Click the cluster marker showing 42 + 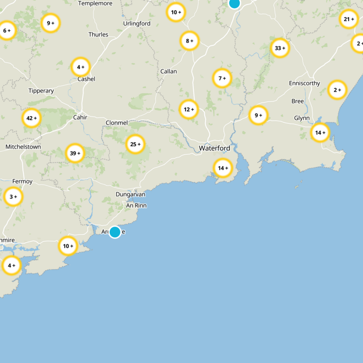click(x=32, y=118)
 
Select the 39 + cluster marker click(x=75, y=153)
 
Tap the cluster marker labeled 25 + click(x=135, y=144)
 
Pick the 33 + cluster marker click(x=280, y=48)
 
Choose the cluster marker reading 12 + click(x=189, y=109)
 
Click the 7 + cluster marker click(x=222, y=78)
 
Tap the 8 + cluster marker click(x=190, y=41)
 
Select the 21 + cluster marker click(x=349, y=19)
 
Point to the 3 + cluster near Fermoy click(x=13, y=197)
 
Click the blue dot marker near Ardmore click(x=115, y=232)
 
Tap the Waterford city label click(x=214, y=148)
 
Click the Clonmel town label click(x=117, y=123)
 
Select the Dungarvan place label click(x=130, y=194)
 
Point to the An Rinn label click(x=136, y=206)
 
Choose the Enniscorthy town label click(x=304, y=83)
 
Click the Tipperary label click(x=41, y=91)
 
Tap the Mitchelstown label click(x=23, y=147)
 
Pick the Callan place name click(x=168, y=72)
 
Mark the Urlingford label click(x=137, y=24)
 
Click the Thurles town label click(x=98, y=34)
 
